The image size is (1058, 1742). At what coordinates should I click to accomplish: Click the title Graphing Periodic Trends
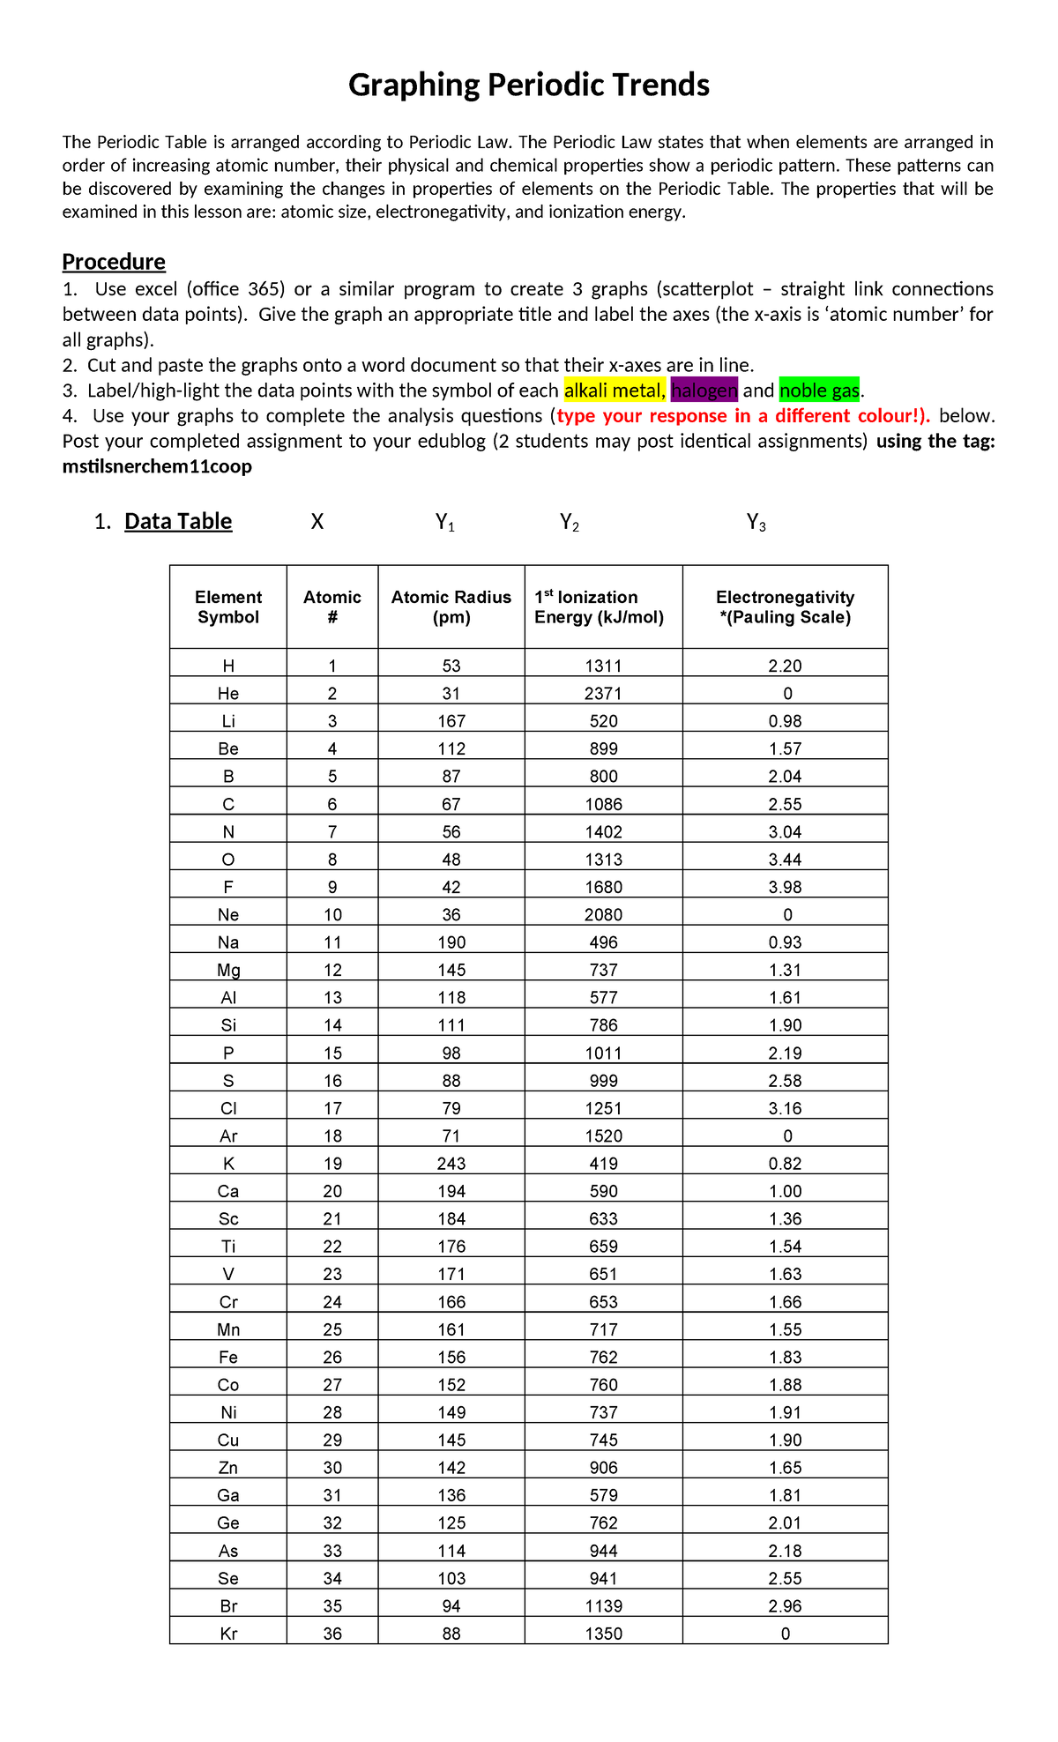point(528,86)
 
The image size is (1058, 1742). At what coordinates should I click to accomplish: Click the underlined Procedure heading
point(114,262)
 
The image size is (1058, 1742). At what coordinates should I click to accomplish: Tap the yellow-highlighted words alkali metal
point(614,391)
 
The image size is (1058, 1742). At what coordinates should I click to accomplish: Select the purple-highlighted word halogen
point(704,391)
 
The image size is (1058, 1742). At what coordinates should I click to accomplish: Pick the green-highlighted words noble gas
point(819,391)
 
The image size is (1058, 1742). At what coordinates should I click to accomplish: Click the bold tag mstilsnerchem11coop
point(157,466)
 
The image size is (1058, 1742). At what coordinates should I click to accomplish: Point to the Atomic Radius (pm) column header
point(451,607)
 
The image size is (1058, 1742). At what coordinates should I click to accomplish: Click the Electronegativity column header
point(785,607)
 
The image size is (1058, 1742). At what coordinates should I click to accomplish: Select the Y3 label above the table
point(756,523)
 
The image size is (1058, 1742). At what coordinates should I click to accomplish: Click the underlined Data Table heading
point(178,521)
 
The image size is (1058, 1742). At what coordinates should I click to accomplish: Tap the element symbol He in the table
point(228,694)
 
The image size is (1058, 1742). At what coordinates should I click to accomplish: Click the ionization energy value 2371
point(603,694)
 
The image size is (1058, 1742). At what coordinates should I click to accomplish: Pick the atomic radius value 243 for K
point(451,1164)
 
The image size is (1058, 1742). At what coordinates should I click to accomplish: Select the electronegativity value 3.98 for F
point(785,887)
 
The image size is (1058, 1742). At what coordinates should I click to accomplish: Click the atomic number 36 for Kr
point(332,1634)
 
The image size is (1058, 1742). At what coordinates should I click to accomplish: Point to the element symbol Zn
point(228,1468)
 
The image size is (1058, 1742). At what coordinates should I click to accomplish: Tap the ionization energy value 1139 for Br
point(603,1606)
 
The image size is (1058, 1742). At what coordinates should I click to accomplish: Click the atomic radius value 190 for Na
point(451,942)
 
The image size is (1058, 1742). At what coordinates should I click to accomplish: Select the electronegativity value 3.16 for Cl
point(785,1108)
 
